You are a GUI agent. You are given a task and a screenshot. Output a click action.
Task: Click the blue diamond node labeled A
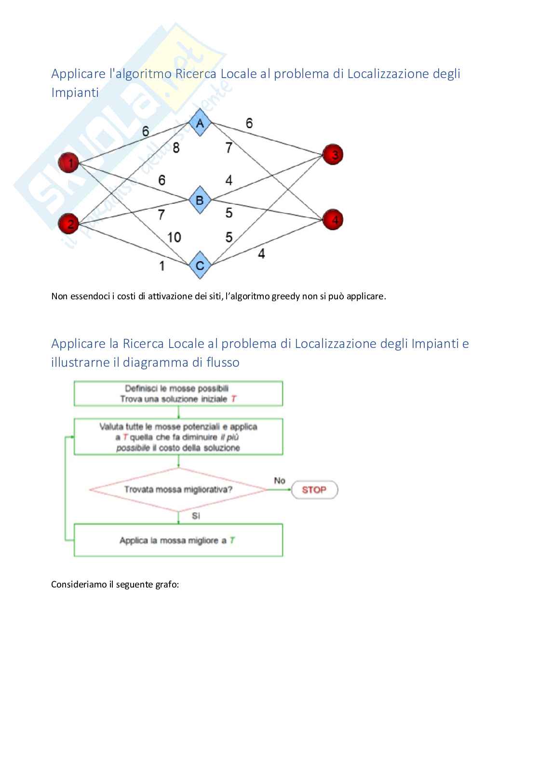click(x=200, y=123)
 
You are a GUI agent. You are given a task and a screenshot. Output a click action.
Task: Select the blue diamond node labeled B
click(x=200, y=200)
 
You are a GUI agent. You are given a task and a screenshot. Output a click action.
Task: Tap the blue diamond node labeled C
click(x=200, y=265)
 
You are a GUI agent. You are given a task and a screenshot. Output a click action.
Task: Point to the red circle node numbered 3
click(x=332, y=154)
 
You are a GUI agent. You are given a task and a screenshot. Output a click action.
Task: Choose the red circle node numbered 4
click(x=332, y=220)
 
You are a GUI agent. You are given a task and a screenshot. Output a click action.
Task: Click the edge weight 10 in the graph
click(x=174, y=237)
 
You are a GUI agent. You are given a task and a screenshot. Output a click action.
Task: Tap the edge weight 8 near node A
click(x=176, y=148)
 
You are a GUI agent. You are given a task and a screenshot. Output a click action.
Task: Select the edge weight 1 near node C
click(x=162, y=266)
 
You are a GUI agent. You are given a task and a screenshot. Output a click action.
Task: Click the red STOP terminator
click(x=314, y=490)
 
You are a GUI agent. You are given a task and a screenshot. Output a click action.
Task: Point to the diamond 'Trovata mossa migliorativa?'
click(x=178, y=490)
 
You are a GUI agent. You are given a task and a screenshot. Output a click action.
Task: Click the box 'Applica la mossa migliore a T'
click(x=178, y=541)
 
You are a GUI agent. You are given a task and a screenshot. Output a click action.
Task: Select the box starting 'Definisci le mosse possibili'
click(x=178, y=393)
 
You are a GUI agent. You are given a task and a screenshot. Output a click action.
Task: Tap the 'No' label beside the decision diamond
click(x=280, y=481)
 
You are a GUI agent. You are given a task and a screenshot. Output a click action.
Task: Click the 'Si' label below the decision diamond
click(x=196, y=516)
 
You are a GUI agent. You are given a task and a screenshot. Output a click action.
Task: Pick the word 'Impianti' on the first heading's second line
click(x=75, y=93)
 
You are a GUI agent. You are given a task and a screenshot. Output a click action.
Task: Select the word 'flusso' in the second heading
click(x=223, y=362)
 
